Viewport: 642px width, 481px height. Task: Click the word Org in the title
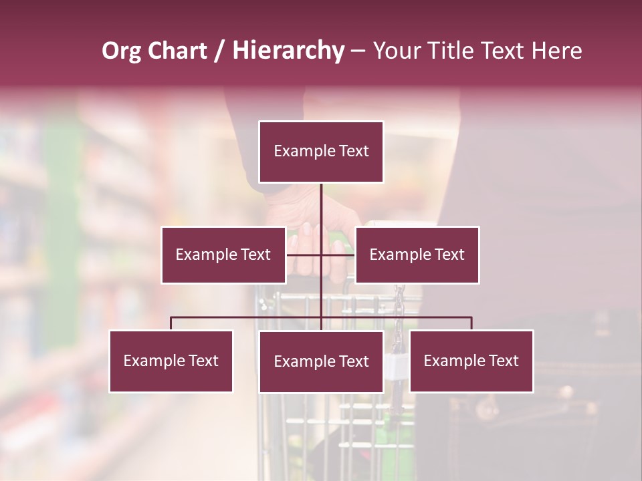coord(121,51)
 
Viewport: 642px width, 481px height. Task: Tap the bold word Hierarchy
coord(288,51)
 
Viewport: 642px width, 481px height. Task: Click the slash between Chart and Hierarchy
coord(220,51)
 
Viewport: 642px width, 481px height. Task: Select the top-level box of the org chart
coord(321,152)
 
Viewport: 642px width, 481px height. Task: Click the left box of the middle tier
coord(223,255)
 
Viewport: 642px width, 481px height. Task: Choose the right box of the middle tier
coord(417,255)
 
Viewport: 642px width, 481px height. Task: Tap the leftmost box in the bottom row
coord(171,361)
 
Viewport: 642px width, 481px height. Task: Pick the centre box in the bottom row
coord(321,361)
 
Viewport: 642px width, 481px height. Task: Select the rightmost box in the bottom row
coord(471,361)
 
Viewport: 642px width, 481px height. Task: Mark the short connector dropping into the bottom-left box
coord(171,323)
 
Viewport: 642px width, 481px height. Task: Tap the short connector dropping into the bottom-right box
coord(471,323)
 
